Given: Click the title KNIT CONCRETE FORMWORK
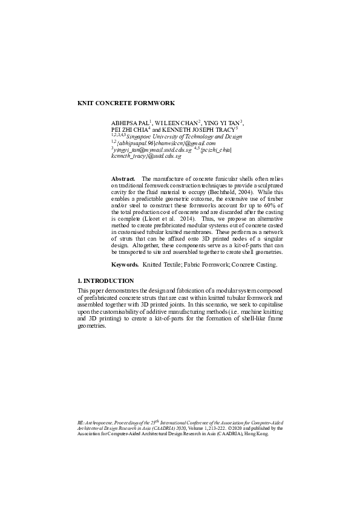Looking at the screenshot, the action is (126, 103).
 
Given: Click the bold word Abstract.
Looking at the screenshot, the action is (123, 179).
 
